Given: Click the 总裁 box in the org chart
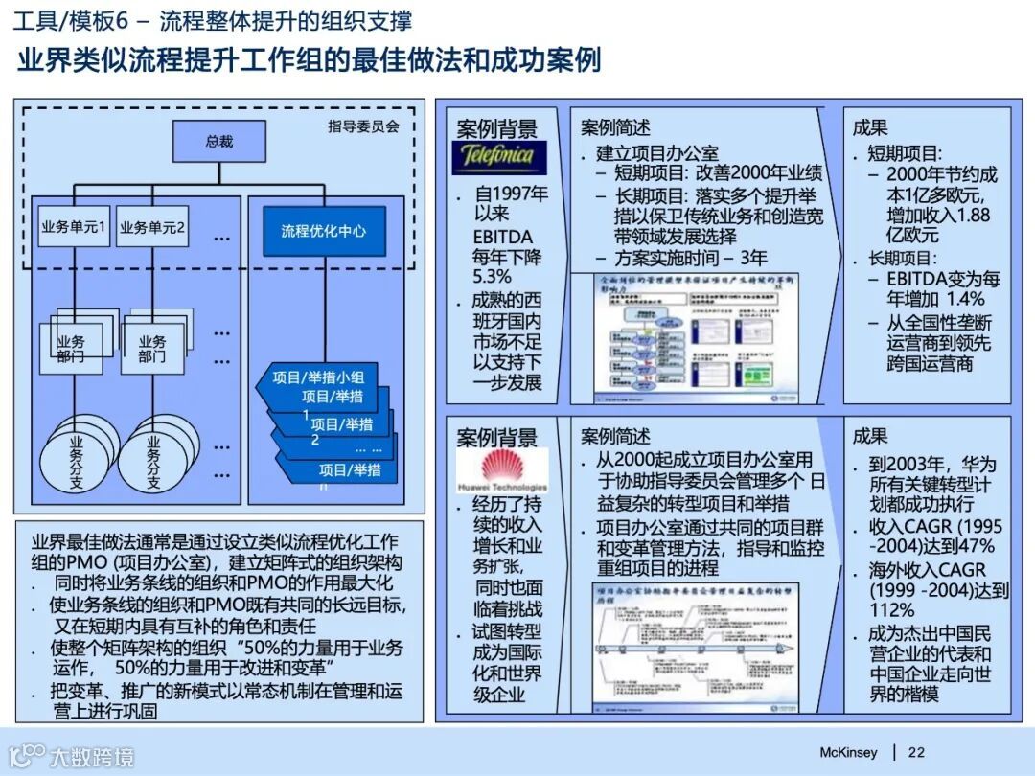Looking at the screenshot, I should pyautogui.click(x=218, y=141).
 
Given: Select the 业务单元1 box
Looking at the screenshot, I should pyautogui.click(x=74, y=228).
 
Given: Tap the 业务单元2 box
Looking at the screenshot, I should pyautogui.click(x=153, y=228).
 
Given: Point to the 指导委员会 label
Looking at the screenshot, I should pyautogui.click(x=363, y=126).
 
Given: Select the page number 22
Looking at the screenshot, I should pyautogui.click(x=916, y=752).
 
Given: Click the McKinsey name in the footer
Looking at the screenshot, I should pyautogui.click(x=848, y=752).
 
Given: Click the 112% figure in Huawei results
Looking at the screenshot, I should pyautogui.click(x=893, y=610).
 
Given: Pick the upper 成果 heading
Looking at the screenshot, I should pyautogui.click(x=870, y=127).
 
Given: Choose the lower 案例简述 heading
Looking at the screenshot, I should pyautogui.click(x=615, y=437).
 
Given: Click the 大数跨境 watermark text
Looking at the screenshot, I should pyautogui.click(x=92, y=758).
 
